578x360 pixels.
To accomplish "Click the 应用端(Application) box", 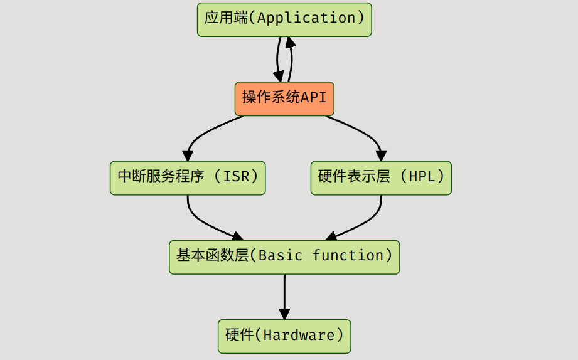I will point(284,19).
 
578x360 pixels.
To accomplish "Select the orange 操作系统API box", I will point(284,98).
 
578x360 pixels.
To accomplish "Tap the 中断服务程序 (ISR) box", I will point(188,177).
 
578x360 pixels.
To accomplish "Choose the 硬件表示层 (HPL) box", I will point(381,177).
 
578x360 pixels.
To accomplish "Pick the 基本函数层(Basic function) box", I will point(284,257).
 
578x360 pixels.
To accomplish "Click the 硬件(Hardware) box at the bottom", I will point(284,336).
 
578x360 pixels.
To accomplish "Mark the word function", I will point(348,257).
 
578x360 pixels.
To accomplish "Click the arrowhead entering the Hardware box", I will point(284,314).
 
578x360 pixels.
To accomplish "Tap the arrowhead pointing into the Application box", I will point(289,42).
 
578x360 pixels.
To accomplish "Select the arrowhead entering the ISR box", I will point(187,155).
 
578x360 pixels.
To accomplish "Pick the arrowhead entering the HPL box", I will point(381,155).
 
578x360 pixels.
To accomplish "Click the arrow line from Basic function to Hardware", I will point(284,292).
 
